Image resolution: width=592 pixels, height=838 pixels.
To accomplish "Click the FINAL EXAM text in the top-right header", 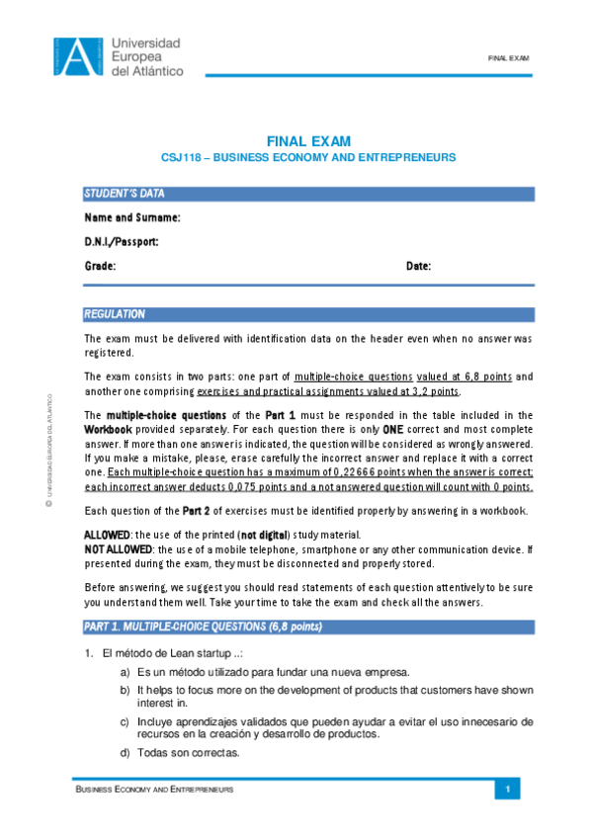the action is [x=509, y=58].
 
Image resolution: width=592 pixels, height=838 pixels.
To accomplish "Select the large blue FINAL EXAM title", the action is [x=308, y=141].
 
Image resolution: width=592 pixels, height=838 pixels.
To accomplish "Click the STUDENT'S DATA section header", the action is [x=125, y=193].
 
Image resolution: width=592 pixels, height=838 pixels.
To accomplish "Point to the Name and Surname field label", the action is [x=132, y=217].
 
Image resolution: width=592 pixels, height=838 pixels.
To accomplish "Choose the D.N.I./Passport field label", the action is [x=122, y=242].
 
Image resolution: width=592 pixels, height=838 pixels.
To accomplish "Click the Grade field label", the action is [x=101, y=267].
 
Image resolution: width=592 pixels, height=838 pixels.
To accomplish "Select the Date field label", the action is [x=418, y=267].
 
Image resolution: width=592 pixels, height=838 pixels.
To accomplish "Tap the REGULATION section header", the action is [x=115, y=314].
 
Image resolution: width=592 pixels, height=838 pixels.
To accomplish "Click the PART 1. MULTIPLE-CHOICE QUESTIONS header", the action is [x=203, y=628].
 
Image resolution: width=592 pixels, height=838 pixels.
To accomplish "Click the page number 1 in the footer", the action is [x=507, y=790].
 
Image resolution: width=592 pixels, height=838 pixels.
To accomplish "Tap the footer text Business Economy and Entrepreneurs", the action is [x=155, y=791].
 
